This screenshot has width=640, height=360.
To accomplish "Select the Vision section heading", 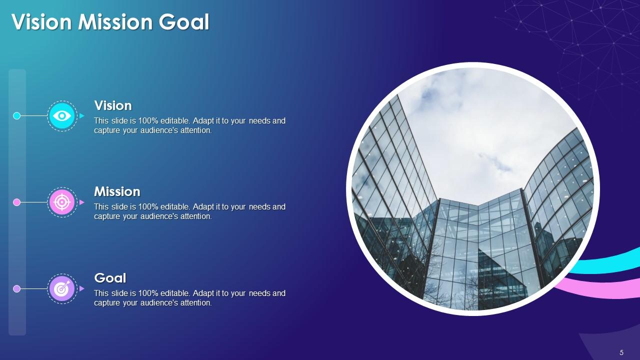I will click(113, 105).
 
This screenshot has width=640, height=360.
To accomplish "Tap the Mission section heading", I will click(117, 191).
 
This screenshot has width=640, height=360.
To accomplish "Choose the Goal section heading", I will click(110, 278).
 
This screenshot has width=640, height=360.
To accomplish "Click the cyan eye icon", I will click(62, 116).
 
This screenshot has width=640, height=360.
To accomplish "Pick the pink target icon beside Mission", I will click(62, 202).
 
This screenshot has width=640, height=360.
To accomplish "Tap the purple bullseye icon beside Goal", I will click(62, 288).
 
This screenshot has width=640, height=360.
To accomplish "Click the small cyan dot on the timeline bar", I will click(16, 116).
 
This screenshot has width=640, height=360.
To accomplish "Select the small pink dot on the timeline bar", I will click(16, 202).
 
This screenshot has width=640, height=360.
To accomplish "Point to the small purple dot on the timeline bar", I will click(16, 288).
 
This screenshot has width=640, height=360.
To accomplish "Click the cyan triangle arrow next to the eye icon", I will click(81, 116).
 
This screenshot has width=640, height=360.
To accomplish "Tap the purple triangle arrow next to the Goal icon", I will click(81, 288).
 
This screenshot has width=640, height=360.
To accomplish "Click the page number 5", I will click(621, 352).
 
